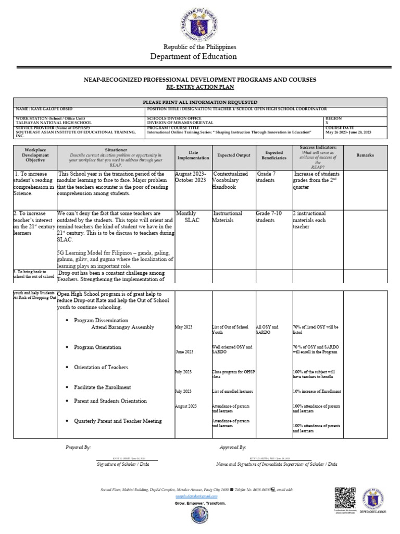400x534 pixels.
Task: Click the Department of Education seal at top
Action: point(201,22)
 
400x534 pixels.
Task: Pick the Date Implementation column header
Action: point(193,155)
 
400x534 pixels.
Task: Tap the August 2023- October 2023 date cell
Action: point(192,177)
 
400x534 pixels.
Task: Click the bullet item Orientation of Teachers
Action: point(101,368)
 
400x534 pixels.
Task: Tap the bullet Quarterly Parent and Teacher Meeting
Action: point(118,421)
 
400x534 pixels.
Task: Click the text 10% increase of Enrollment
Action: point(316,391)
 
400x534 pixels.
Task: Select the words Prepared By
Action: point(78,447)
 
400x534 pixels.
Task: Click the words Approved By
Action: point(233,447)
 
